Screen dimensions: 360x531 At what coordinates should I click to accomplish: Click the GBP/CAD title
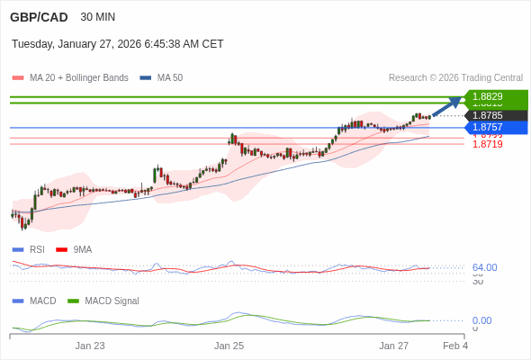[39, 17]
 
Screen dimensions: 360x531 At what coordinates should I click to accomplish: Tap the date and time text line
[117, 44]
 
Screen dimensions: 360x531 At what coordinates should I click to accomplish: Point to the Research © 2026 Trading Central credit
[455, 78]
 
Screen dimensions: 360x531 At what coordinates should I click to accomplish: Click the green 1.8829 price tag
[494, 96]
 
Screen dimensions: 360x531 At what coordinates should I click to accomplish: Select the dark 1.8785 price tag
[494, 115]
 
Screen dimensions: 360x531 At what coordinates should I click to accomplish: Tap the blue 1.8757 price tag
[494, 127]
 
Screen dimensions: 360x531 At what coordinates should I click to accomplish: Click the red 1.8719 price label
[487, 144]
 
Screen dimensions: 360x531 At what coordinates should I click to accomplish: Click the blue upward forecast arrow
[447, 106]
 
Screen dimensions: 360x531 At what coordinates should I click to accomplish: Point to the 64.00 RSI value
[484, 267]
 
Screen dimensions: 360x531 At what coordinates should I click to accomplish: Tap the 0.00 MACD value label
[481, 320]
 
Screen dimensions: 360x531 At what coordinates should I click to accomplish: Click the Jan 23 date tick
[90, 346]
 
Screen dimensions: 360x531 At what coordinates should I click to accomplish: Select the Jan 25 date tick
[229, 346]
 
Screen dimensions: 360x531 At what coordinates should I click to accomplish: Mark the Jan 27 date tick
[393, 346]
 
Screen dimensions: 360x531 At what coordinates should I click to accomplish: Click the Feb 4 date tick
[455, 346]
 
